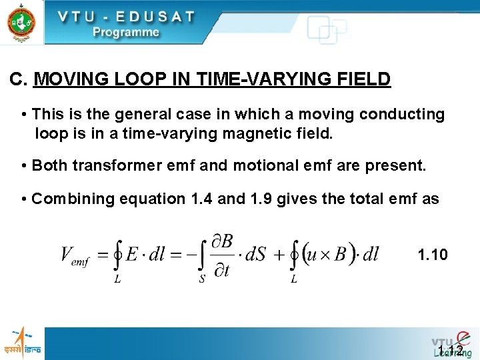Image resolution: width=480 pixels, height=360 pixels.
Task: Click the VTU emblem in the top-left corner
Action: [x=21, y=21]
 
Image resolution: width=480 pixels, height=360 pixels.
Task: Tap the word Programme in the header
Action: [x=126, y=31]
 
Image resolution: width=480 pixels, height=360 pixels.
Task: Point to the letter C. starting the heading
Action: [x=19, y=80]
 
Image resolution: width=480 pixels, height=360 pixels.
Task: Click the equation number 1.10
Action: [x=432, y=254]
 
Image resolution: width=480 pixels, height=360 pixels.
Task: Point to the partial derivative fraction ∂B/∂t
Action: [x=221, y=254]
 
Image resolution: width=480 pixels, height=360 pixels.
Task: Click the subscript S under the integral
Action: [x=202, y=279]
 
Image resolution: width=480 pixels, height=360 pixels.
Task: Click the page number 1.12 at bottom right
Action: [x=451, y=350]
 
